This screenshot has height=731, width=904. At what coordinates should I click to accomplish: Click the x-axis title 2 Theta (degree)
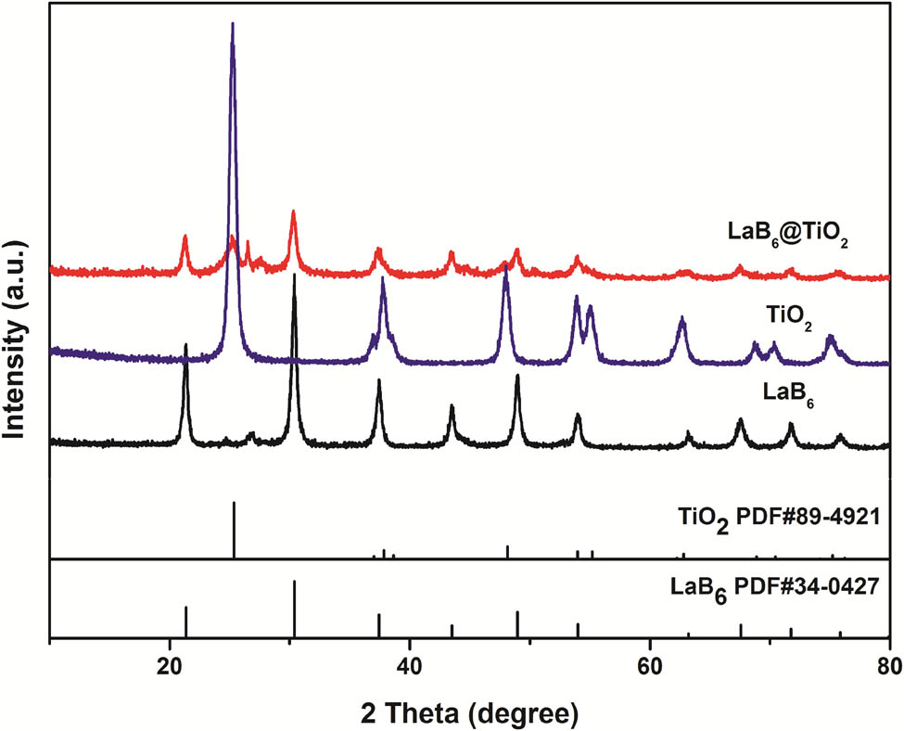470,712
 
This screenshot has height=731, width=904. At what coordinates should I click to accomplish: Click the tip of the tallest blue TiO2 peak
233,24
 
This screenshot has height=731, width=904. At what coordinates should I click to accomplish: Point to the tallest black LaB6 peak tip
295,276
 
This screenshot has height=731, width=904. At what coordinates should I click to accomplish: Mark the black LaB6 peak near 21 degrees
186,345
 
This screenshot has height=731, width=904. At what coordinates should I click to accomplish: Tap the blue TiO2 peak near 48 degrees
505,268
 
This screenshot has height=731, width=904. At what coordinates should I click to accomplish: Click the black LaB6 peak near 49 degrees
517,376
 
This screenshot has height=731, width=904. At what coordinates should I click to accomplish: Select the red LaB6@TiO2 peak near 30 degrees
293,212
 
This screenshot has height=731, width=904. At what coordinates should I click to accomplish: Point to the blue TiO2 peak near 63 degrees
682,318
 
